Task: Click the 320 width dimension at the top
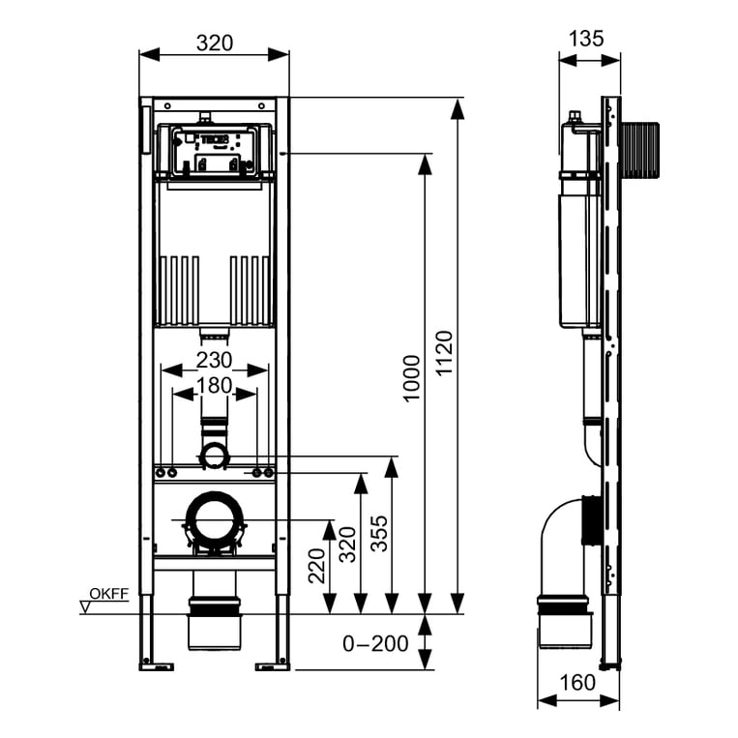pos(215,43)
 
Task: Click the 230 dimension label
pos(214,360)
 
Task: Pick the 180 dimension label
pos(214,385)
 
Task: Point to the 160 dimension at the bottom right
pos(577,683)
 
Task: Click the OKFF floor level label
pos(108,594)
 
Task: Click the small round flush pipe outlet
pos(214,456)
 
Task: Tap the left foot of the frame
pos(155,664)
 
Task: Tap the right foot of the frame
pos(272,664)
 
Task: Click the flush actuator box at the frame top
pos(214,152)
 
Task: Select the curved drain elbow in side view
pos(556,542)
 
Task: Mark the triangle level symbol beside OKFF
pos(84,606)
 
